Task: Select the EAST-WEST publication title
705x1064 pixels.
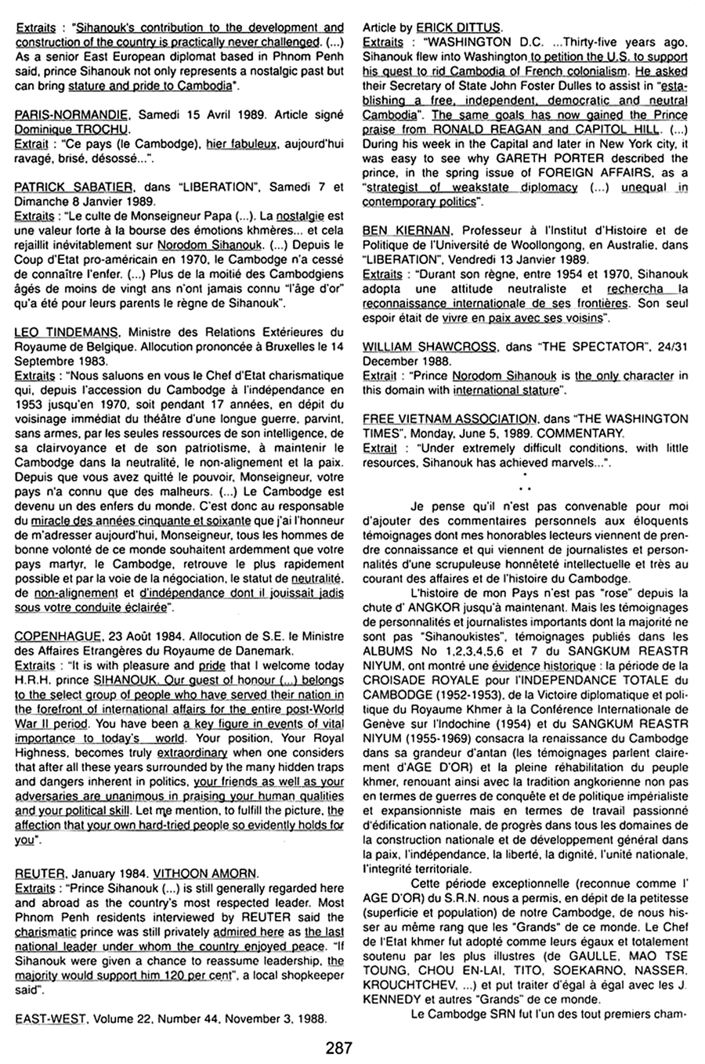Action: (x=48, y=1019)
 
